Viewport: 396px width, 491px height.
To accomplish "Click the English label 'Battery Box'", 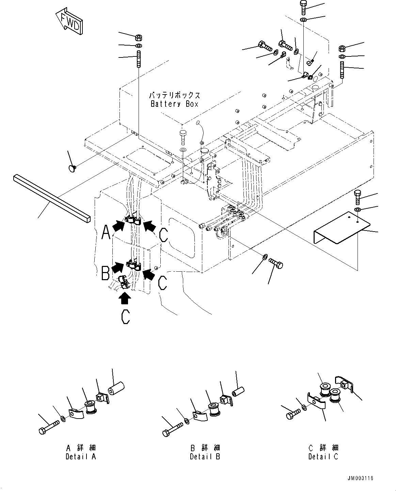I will click(174, 104).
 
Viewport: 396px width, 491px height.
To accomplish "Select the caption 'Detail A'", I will click(81, 456).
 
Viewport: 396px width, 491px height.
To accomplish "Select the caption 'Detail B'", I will click(205, 456).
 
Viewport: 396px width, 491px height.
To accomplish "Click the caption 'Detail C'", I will click(323, 456).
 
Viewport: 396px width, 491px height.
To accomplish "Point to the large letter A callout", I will click(106, 234).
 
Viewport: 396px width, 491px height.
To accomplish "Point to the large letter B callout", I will click(106, 273).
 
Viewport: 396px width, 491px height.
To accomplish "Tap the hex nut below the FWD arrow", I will click(139, 37).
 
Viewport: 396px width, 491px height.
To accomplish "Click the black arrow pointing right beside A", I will click(118, 225).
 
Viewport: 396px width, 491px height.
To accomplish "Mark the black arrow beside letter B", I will click(118, 267).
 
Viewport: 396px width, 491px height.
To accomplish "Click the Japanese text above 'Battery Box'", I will click(174, 95).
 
